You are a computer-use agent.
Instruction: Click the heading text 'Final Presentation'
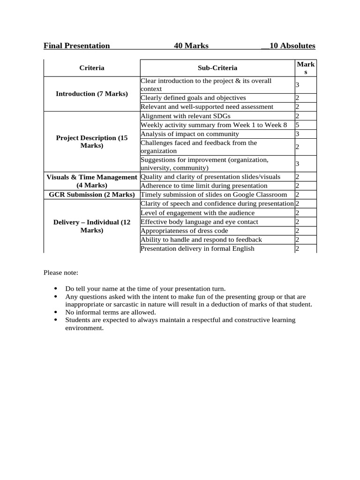76,45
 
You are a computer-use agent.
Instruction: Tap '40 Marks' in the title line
191,45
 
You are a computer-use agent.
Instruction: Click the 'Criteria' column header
92,68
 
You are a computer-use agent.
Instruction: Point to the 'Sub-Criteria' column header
217,68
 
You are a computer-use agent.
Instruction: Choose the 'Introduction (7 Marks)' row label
92,94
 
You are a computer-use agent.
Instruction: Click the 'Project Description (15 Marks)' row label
92,142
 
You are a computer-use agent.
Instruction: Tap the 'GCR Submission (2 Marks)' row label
92,195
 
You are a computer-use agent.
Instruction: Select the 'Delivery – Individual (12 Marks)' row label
92,226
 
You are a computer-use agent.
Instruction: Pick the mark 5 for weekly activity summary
297,125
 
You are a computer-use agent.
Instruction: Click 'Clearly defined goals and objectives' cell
193,98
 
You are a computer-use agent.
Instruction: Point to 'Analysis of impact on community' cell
190,134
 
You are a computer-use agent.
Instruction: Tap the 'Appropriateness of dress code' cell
185,231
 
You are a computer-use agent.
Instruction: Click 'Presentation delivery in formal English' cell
197,248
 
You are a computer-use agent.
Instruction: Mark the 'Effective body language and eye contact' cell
199,222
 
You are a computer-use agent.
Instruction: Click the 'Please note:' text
61,272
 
